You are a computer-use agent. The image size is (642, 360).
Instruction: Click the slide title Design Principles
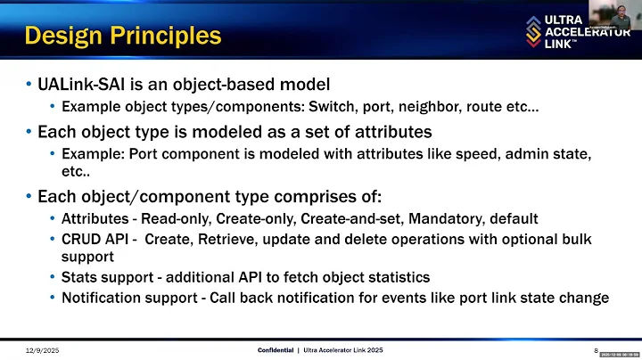click(122, 36)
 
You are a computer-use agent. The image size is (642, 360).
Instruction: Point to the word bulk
click(575, 239)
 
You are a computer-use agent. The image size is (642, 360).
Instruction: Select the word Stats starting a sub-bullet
click(80, 277)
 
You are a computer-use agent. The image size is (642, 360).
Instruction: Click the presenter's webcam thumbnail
click(614, 19)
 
